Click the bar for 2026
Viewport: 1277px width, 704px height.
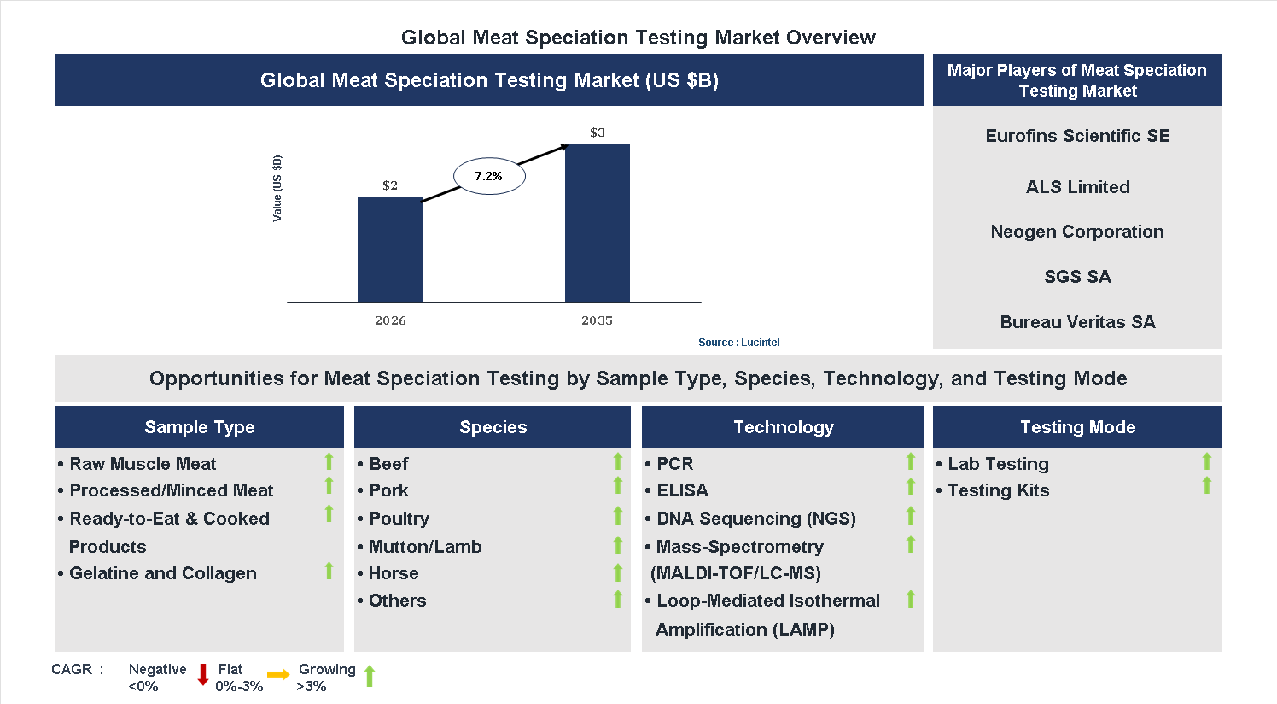390,249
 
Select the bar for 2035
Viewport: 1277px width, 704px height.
597,223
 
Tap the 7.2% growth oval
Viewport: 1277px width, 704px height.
488,176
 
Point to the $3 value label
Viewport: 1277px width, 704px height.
598,132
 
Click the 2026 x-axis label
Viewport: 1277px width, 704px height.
390,320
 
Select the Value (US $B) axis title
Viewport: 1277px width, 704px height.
277,189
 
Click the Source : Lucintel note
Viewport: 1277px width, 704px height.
738,343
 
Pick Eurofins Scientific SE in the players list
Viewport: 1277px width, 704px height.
1077,136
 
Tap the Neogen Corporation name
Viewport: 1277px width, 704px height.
1077,232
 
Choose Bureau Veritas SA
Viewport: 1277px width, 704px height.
1077,322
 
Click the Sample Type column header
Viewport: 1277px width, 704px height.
199,427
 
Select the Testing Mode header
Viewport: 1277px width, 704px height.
1077,427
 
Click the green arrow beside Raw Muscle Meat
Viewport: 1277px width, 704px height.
329,462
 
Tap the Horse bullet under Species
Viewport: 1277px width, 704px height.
393,573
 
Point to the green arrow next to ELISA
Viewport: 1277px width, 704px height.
911,487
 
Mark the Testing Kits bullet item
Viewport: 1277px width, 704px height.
998,490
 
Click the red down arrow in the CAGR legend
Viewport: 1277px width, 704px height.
203,675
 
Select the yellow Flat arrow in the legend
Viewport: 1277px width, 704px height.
278,675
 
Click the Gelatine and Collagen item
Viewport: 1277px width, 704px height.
162,573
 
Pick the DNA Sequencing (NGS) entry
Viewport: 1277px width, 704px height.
755,519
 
